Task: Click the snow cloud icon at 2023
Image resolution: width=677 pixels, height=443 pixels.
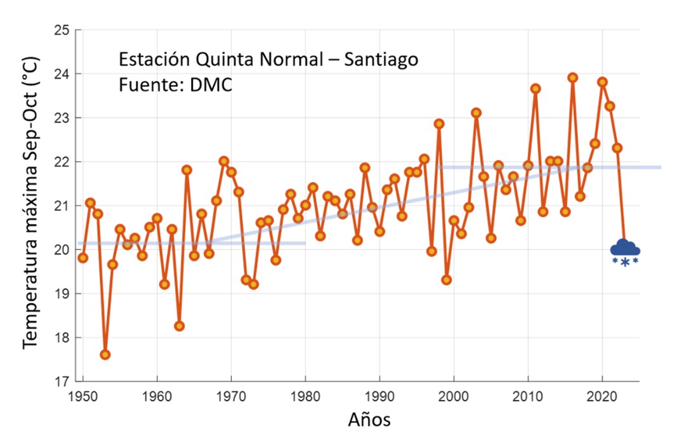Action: click(625, 250)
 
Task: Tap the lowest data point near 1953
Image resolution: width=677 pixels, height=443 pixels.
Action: click(105, 355)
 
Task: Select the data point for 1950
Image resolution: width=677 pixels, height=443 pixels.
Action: click(83, 258)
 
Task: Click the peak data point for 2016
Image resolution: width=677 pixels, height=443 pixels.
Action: click(573, 77)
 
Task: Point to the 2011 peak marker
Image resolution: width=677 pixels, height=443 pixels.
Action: click(536, 89)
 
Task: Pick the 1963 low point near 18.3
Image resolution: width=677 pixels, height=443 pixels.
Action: click(180, 326)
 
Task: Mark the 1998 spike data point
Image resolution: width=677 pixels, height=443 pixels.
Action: click(439, 124)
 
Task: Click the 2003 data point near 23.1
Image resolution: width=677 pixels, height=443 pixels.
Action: click(476, 113)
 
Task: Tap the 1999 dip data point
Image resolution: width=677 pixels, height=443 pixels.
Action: click(447, 280)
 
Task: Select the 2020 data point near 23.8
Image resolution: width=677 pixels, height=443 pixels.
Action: click(602, 82)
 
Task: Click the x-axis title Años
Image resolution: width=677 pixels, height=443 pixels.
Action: click(369, 420)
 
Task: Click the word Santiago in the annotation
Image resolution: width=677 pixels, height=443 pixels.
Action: click(382, 60)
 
